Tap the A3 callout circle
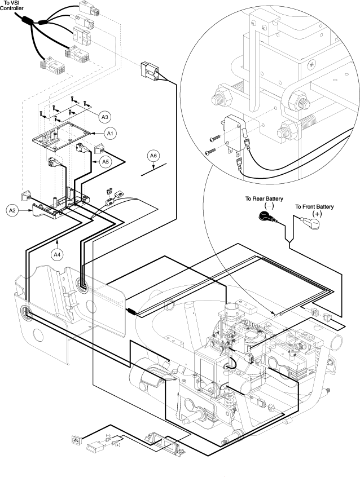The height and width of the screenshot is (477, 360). pos(104,117)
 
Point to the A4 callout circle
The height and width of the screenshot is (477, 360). pos(57,255)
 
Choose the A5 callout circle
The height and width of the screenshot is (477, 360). pos(105,161)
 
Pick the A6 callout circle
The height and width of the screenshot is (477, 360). pos(153,156)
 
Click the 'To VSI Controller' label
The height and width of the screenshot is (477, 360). pos(12,6)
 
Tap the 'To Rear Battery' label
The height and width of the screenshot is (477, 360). pos(264,198)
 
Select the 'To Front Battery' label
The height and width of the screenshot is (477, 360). pos(314,207)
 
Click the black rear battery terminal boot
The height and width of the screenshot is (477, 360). pos(266,217)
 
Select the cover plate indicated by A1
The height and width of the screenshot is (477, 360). pos(62,136)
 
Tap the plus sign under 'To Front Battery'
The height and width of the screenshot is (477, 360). pos(317,214)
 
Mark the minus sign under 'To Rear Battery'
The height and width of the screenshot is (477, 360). pos(270,206)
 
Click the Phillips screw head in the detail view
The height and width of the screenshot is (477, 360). pos(311,64)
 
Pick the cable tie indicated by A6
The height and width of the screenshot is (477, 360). pos(154,170)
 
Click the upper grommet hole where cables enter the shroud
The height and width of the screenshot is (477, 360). pos(82,285)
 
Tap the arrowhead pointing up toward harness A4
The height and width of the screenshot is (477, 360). pos(57,242)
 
